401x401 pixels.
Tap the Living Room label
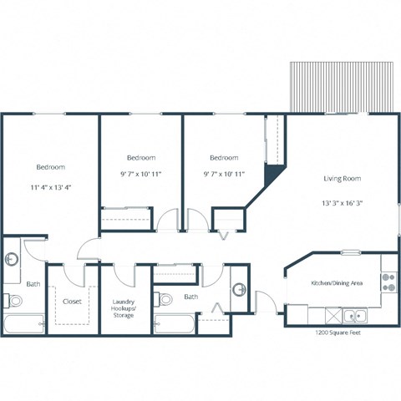342,178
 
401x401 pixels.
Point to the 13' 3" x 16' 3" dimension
342,202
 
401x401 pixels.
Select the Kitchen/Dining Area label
337,284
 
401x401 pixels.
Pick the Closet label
72,301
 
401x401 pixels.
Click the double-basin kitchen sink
356,316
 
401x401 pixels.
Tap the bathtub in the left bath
23,325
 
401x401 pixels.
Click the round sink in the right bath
239,289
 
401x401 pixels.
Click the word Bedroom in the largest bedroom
50,165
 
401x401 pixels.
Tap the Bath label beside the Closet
33,284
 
